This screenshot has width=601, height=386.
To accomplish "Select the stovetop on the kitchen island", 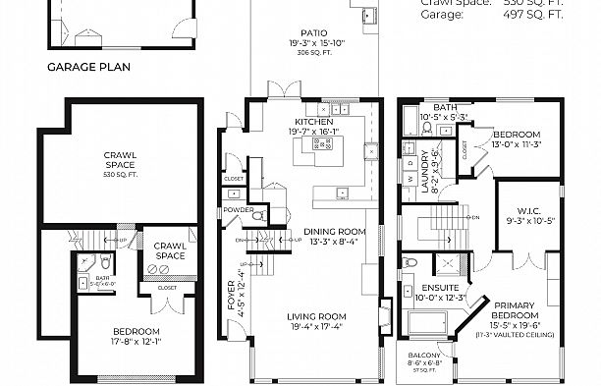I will pos(322,143).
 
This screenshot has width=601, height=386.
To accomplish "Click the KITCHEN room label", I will pos(313,121).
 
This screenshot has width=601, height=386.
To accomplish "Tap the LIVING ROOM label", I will pos(313,315).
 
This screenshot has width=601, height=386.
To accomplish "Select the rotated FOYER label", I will pos(232,295).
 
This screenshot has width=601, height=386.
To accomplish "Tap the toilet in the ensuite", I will pos(410,262).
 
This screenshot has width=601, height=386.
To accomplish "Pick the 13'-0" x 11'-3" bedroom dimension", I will pos(516,143).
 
